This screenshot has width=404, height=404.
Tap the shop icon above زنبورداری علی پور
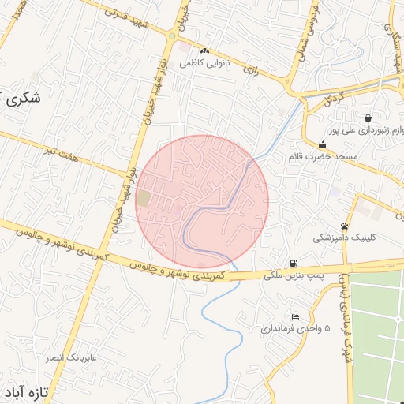click(368, 118)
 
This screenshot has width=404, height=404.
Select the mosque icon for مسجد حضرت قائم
click(323, 144)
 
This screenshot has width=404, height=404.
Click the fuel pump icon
click(294, 263)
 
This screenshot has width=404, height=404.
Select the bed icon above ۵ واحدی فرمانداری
click(274, 316)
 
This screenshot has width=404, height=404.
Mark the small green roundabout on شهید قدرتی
click(172, 36)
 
